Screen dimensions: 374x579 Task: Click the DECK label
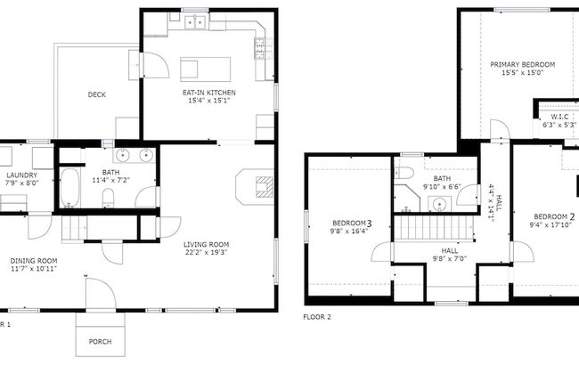97,95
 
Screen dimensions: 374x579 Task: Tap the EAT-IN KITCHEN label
207,92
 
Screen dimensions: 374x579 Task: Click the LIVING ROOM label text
207,244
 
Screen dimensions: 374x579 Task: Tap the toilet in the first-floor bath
108,196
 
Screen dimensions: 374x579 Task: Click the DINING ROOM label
34,261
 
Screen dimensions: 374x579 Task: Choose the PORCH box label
101,342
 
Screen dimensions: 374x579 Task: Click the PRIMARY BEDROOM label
522,65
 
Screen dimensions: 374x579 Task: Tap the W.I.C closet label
559,117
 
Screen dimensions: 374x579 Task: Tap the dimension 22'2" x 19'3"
207,252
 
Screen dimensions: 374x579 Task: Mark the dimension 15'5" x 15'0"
522,73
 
